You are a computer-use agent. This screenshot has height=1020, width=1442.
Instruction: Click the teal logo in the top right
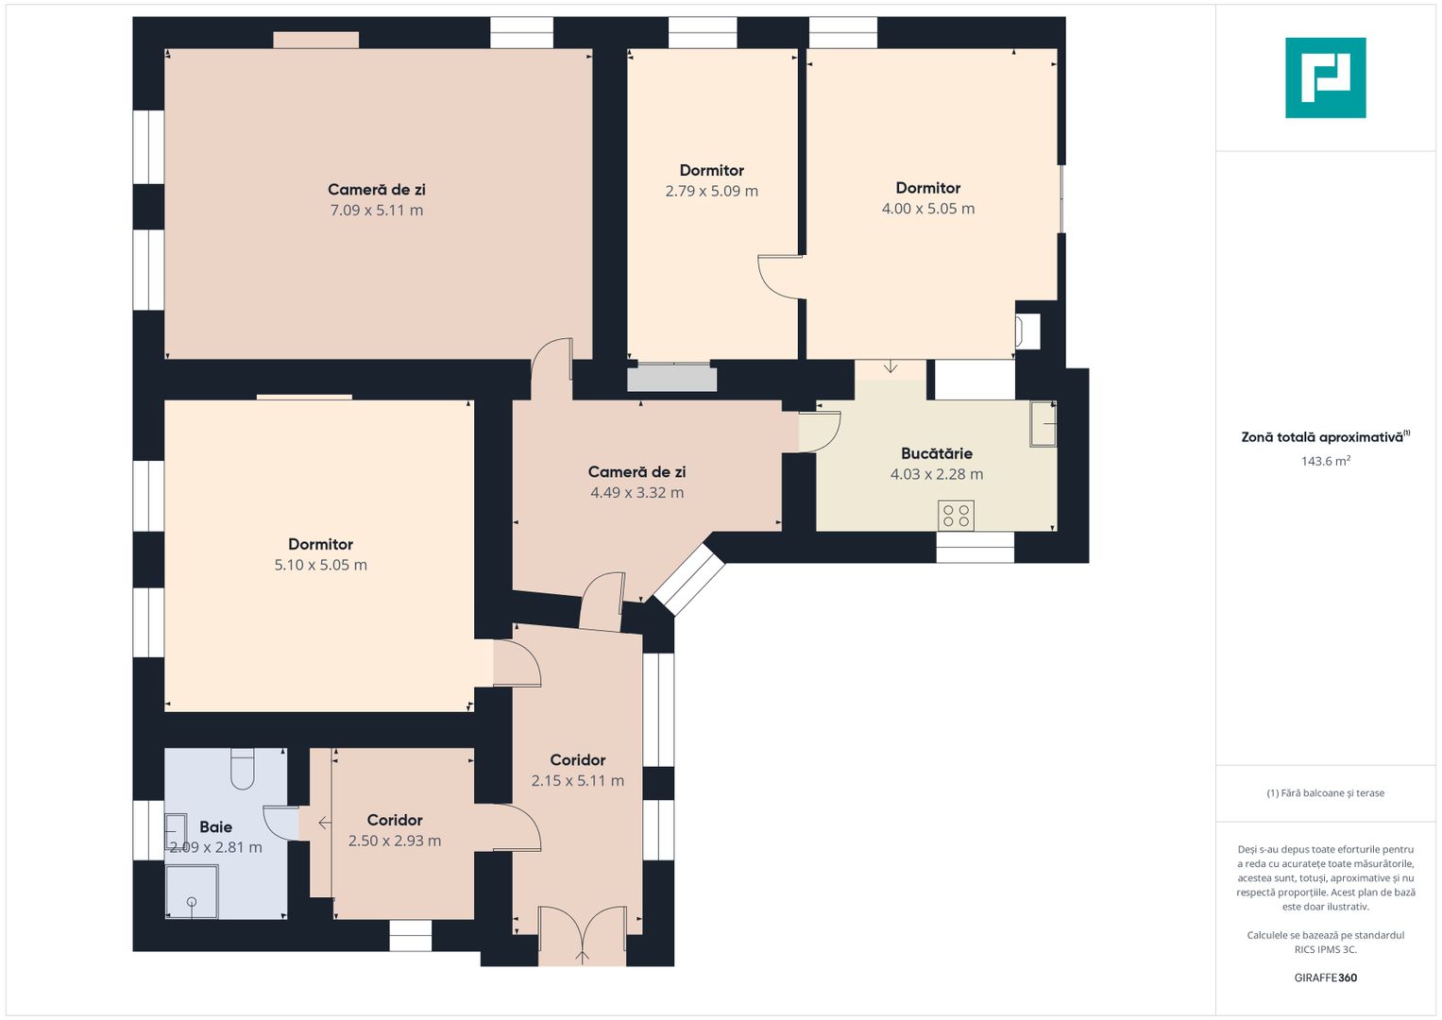click(1325, 77)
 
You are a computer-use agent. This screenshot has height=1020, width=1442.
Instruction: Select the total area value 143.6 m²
click(1325, 461)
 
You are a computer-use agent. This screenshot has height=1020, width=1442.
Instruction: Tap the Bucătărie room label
click(936, 453)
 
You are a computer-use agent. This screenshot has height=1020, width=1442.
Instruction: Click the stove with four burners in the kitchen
click(956, 516)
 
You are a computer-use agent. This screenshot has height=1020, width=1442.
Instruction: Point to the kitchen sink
click(1043, 423)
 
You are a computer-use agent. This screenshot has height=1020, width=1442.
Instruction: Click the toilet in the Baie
click(243, 768)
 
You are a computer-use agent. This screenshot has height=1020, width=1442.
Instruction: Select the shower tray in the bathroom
click(192, 892)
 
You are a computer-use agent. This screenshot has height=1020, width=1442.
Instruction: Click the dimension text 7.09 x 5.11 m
click(376, 210)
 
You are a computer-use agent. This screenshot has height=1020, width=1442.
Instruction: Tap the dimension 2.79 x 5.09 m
click(711, 191)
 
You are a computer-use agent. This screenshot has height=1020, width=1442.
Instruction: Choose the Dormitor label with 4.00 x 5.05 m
click(927, 188)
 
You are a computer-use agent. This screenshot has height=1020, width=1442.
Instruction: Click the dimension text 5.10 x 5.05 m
click(320, 565)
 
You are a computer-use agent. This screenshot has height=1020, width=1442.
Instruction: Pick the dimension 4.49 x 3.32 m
click(636, 492)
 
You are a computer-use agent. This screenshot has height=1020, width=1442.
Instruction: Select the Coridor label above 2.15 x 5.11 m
click(577, 759)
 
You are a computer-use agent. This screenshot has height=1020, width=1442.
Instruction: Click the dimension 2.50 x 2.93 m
click(394, 841)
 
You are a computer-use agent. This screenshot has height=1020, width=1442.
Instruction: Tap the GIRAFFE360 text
click(1325, 977)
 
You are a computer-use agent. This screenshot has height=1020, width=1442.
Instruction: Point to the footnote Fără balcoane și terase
click(1325, 793)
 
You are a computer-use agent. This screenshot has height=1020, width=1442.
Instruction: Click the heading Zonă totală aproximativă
click(1322, 437)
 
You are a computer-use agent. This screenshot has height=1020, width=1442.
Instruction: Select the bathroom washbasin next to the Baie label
click(176, 831)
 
